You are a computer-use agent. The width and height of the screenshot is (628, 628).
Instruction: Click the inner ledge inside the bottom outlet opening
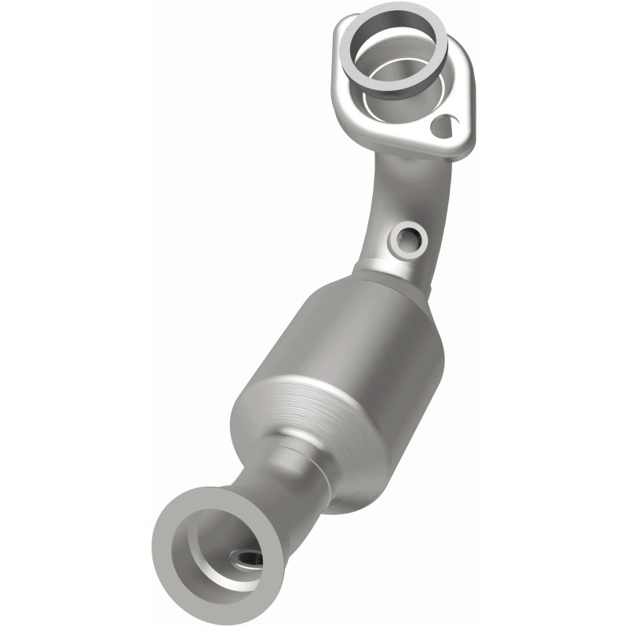pyautogui.click(x=212, y=542)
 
